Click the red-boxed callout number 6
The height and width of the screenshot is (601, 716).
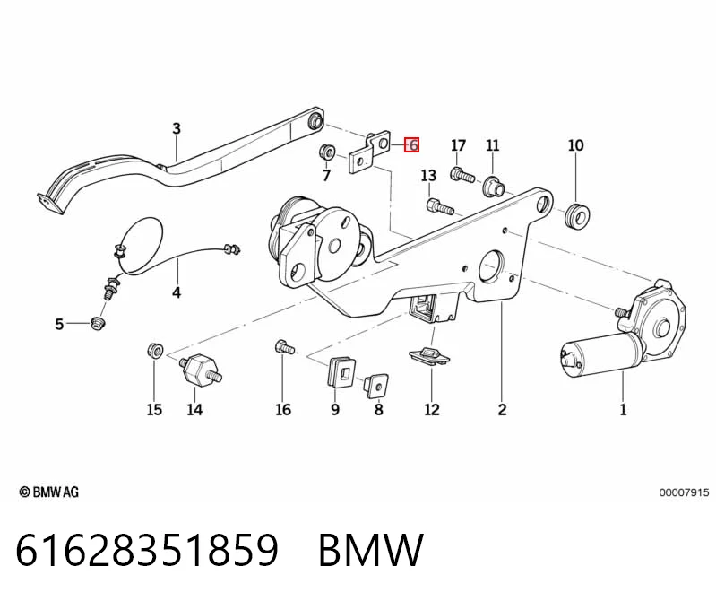tap(412, 145)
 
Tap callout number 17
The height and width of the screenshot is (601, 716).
tap(458, 145)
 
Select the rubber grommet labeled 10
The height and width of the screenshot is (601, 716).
tap(577, 214)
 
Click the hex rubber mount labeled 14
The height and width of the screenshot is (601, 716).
tap(200, 369)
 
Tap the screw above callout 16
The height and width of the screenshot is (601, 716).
tap(284, 347)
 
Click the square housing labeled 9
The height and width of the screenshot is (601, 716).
tap(341, 371)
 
